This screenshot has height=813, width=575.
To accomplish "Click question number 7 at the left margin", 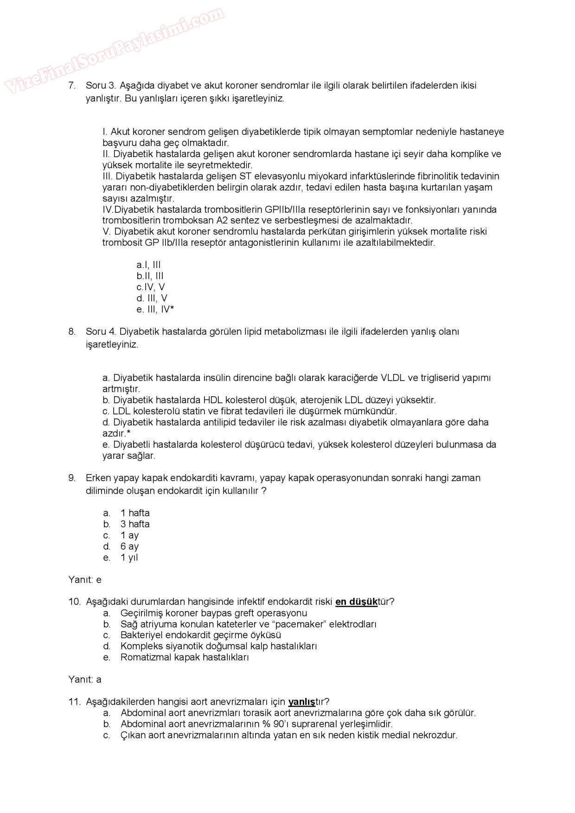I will point(72,85).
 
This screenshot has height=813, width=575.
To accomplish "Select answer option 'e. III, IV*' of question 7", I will point(155,310).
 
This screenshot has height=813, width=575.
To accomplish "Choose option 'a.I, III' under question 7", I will point(148,265).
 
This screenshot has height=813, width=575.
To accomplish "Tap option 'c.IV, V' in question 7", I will point(150,287).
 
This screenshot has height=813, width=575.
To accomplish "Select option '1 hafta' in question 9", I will point(135,513).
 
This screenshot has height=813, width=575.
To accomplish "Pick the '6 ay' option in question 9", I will point(129,546).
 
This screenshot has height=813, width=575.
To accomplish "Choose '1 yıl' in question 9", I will point(129,558).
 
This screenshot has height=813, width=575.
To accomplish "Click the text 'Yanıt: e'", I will point(85,580).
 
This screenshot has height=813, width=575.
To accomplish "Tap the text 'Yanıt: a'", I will point(85,680).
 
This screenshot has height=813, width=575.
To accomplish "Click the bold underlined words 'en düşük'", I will point(356,602).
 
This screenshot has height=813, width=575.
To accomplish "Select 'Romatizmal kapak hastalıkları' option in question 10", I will point(185,657).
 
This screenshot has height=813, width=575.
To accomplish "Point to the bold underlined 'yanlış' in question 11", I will point(301,702).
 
